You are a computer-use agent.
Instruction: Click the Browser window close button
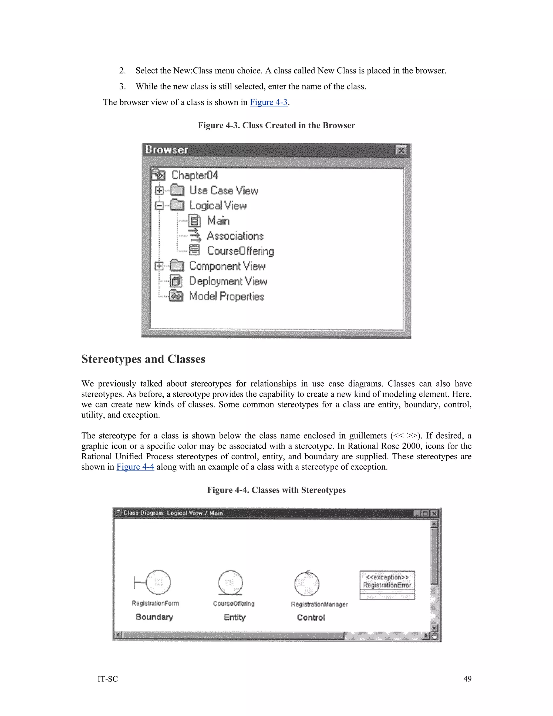401,150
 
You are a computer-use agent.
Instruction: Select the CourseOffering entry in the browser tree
241,251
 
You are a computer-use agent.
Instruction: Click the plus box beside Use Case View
159,190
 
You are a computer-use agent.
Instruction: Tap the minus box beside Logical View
159,206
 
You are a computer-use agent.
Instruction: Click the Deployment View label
228,281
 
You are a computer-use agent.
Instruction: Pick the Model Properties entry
227,296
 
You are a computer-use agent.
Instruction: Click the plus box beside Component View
159,266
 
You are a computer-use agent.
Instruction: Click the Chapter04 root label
195,175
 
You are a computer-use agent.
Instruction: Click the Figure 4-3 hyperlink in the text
268,102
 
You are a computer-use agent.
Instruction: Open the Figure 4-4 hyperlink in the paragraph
135,467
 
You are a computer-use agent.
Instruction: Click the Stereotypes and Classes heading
143,359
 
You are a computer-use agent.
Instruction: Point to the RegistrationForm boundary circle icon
158,582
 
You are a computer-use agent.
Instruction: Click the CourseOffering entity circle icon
231,582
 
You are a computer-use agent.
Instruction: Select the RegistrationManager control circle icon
307,584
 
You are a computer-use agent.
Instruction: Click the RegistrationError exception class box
387,585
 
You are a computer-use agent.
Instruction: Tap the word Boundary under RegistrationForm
154,617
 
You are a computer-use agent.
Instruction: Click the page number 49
467,679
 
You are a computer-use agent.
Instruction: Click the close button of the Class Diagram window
434,513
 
